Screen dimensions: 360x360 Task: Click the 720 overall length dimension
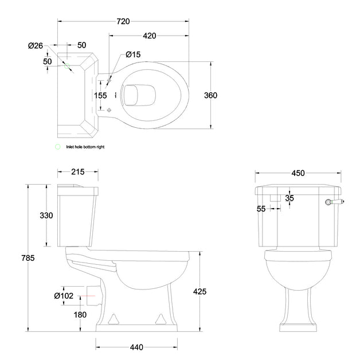click(123, 21)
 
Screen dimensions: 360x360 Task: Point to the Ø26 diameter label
click(36, 46)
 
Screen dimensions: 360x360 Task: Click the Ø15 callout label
click(133, 54)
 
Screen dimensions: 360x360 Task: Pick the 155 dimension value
click(100, 96)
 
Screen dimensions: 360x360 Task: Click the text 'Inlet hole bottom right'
click(85, 147)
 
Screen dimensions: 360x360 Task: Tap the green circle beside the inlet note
click(57, 147)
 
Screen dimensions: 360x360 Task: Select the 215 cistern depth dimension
click(78, 172)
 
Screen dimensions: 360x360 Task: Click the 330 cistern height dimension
click(46, 216)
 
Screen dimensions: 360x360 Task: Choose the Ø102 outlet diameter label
click(64, 296)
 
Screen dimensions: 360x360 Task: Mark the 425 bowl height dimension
click(199, 292)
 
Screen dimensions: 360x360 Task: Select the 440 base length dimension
click(136, 347)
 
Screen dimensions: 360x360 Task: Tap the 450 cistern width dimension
click(298, 173)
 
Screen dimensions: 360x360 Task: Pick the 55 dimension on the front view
click(261, 209)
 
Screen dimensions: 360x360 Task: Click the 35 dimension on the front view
click(289, 198)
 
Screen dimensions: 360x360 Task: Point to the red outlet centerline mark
click(87, 296)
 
